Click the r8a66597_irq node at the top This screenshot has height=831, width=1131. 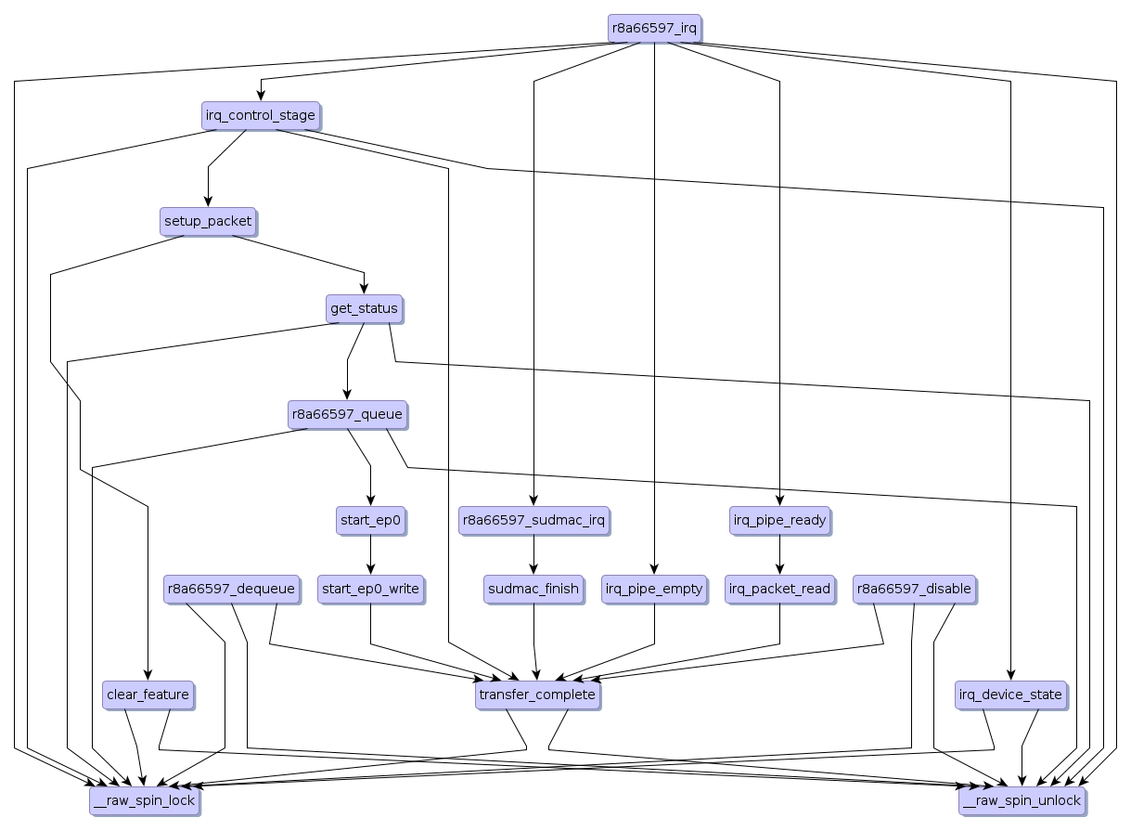click(654, 28)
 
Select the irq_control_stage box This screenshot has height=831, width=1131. click(261, 116)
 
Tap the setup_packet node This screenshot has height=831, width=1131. click(208, 222)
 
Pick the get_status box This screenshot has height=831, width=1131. click(364, 308)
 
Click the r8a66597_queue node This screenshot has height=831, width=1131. click(348, 414)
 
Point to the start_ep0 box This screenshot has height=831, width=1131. click(371, 520)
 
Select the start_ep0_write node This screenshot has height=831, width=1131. click(370, 589)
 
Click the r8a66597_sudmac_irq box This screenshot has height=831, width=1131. click(533, 520)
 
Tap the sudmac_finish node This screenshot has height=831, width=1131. click(533, 589)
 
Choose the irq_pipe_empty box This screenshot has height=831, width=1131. click(654, 589)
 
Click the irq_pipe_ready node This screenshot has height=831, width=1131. click(779, 520)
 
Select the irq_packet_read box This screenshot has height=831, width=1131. click(779, 589)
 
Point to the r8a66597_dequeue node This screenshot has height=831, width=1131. click(231, 589)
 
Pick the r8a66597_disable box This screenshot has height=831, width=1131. click(914, 589)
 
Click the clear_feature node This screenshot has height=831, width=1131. click(148, 695)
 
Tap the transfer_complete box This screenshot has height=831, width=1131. click(537, 695)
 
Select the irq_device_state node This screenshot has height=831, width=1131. click(1010, 695)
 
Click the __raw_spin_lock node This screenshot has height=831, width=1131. click(144, 800)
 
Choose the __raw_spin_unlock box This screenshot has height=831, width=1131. click(1022, 800)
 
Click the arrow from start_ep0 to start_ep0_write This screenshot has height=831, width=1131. click(371, 554)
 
